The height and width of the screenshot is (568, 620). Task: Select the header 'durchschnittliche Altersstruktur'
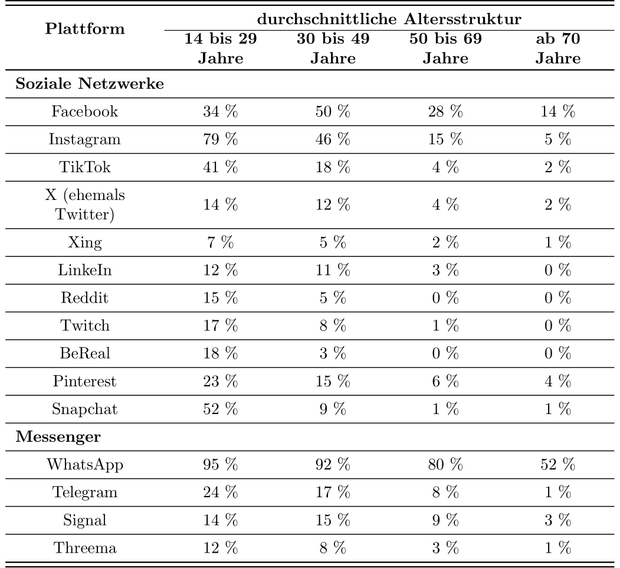click(x=390, y=19)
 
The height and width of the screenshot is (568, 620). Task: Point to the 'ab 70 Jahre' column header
click(x=557, y=49)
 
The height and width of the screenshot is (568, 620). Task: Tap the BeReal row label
click(x=83, y=353)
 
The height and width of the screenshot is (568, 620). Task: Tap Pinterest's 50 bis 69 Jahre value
click(x=446, y=381)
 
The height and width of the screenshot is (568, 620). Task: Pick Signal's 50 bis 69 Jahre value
click(x=446, y=519)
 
